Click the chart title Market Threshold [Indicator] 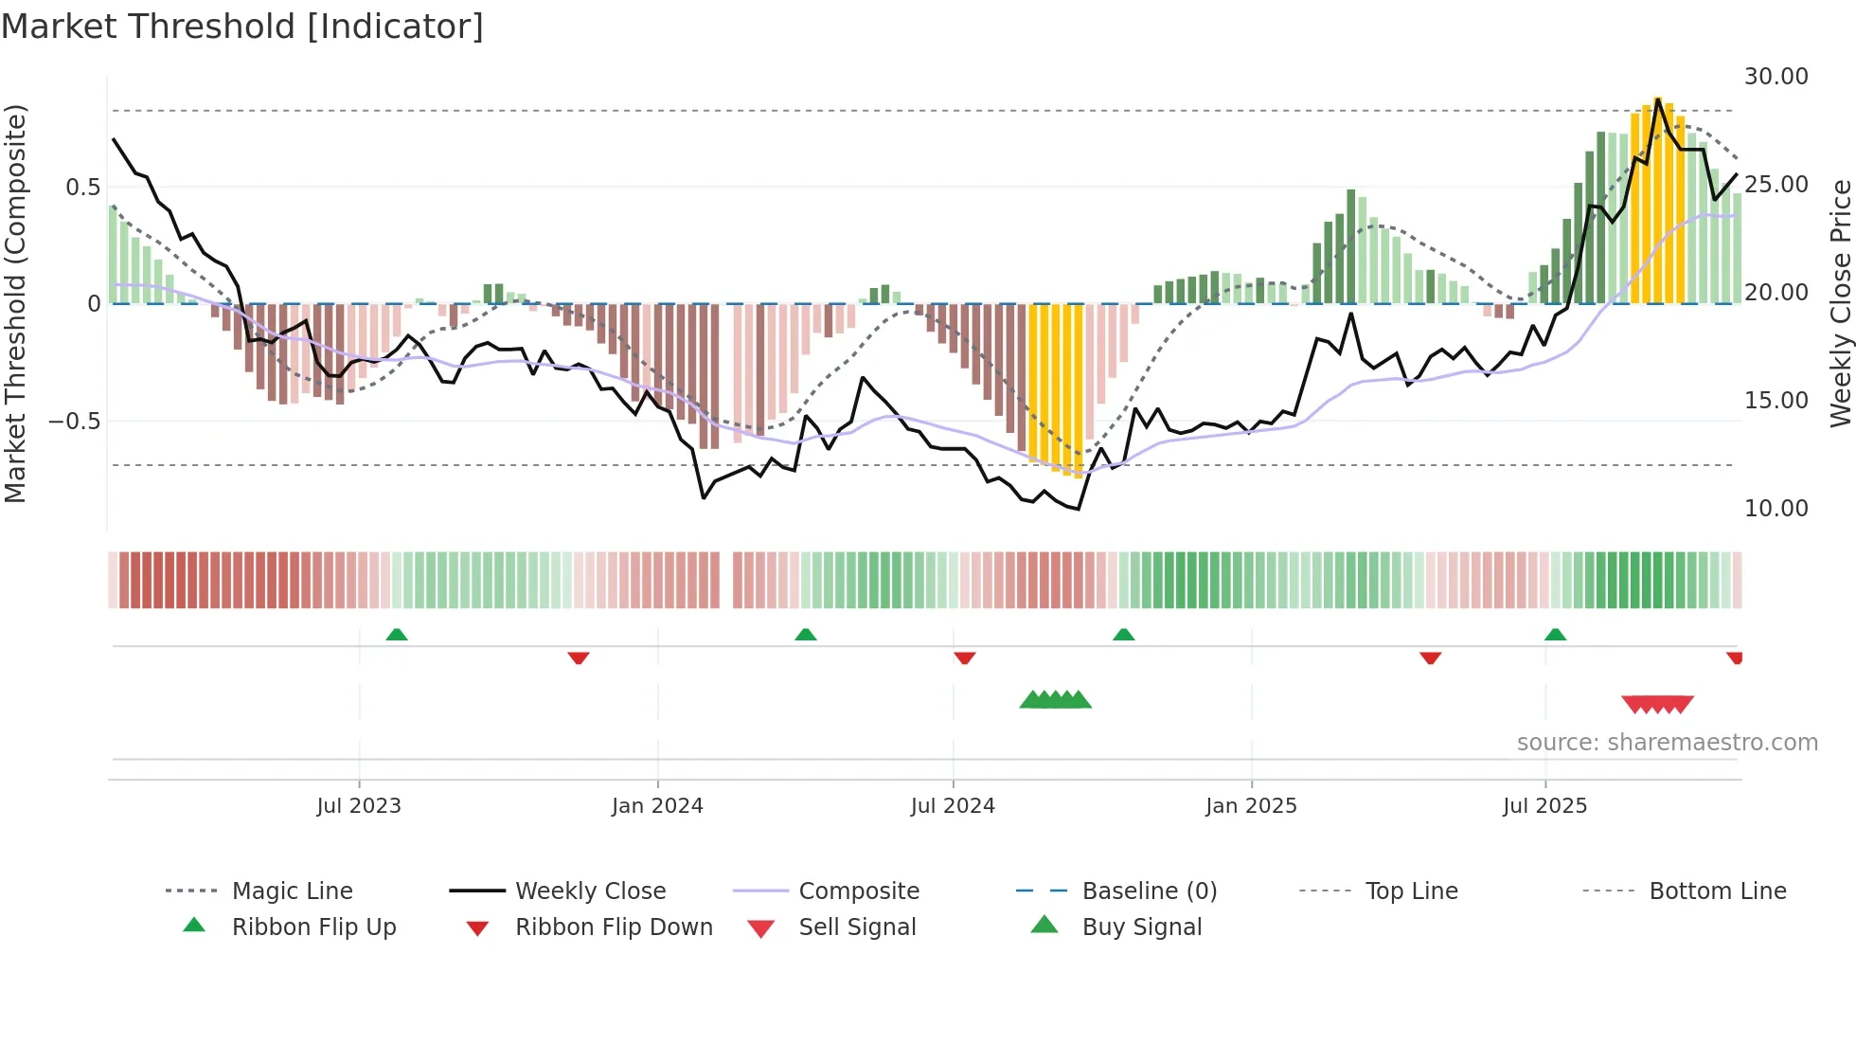(x=242, y=27)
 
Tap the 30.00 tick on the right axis (x=1776, y=77)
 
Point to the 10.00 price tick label (x=1776, y=509)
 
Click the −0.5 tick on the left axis (x=75, y=421)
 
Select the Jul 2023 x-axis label (x=359, y=806)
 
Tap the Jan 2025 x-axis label (x=1251, y=806)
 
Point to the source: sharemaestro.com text (x=1667, y=743)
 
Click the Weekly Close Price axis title (x=1840, y=303)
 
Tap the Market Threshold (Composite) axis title (x=15, y=303)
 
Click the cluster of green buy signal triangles (x=1055, y=700)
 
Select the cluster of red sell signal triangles (x=1657, y=704)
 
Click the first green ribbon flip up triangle (x=397, y=635)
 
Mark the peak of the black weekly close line (x=1657, y=99)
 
